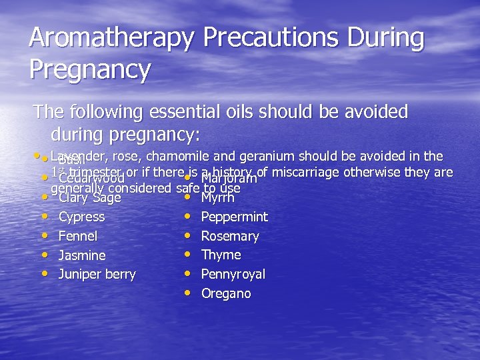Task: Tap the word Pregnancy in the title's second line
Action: [x=90, y=69]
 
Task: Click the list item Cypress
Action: [x=81, y=217]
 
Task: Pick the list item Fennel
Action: [x=78, y=236]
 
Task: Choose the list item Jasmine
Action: [x=82, y=255]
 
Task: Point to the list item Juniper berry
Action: [x=97, y=274]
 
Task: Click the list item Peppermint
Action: [x=234, y=217]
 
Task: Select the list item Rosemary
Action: [x=230, y=236]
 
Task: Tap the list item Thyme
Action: [x=221, y=255]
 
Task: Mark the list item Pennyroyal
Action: [x=233, y=274]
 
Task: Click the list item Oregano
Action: [x=226, y=293]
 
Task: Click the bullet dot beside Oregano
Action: [x=187, y=292]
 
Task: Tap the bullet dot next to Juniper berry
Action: [x=45, y=273]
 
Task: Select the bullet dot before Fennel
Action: [x=45, y=235]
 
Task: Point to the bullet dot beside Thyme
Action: [x=187, y=253]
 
